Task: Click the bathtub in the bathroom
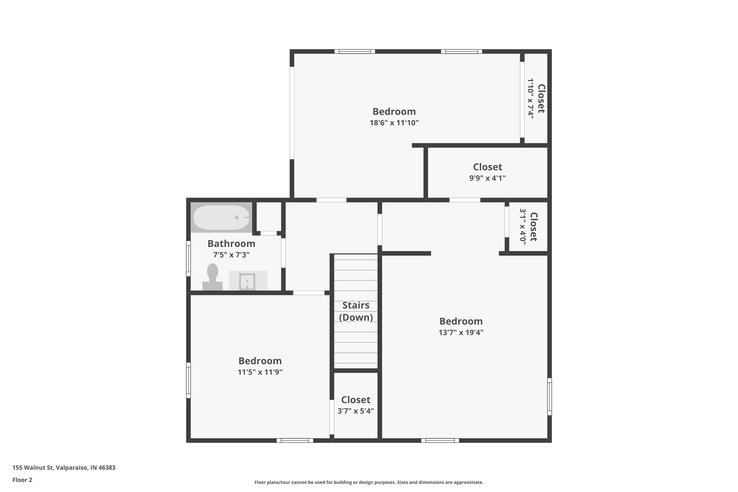click(x=221, y=217)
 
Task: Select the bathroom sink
click(x=247, y=281)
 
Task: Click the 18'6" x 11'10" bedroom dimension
click(x=394, y=123)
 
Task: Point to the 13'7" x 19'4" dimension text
click(x=461, y=332)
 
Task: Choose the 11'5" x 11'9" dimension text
click(x=260, y=372)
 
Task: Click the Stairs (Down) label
click(x=356, y=311)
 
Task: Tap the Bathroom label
click(x=231, y=244)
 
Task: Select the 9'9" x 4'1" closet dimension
click(x=487, y=178)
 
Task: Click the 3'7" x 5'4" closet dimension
click(x=355, y=411)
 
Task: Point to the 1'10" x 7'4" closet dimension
click(x=530, y=99)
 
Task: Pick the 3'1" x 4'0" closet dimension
click(x=523, y=227)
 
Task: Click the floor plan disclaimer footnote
click(x=369, y=482)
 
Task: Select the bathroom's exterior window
click(x=188, y=259)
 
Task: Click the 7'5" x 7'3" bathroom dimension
click(x=231, y=255)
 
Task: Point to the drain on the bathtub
click(x=237, y=217)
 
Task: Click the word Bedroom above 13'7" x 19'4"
click(x=461, y=321)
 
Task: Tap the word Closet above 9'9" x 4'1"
click(x=487, y=167)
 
